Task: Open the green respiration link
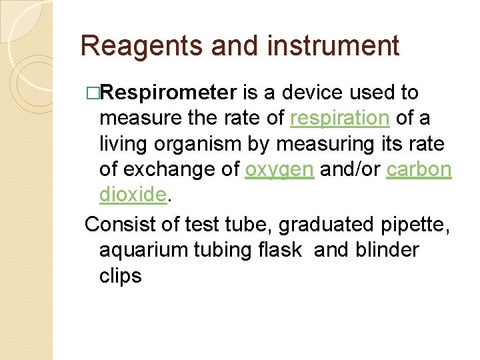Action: click(x=340, y=118)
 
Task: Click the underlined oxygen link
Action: click(x=279, y=169)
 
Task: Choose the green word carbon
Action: click(x=419, y=169)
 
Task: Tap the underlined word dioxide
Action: click(x=132, y=194)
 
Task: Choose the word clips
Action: click(x=121, y=275)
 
